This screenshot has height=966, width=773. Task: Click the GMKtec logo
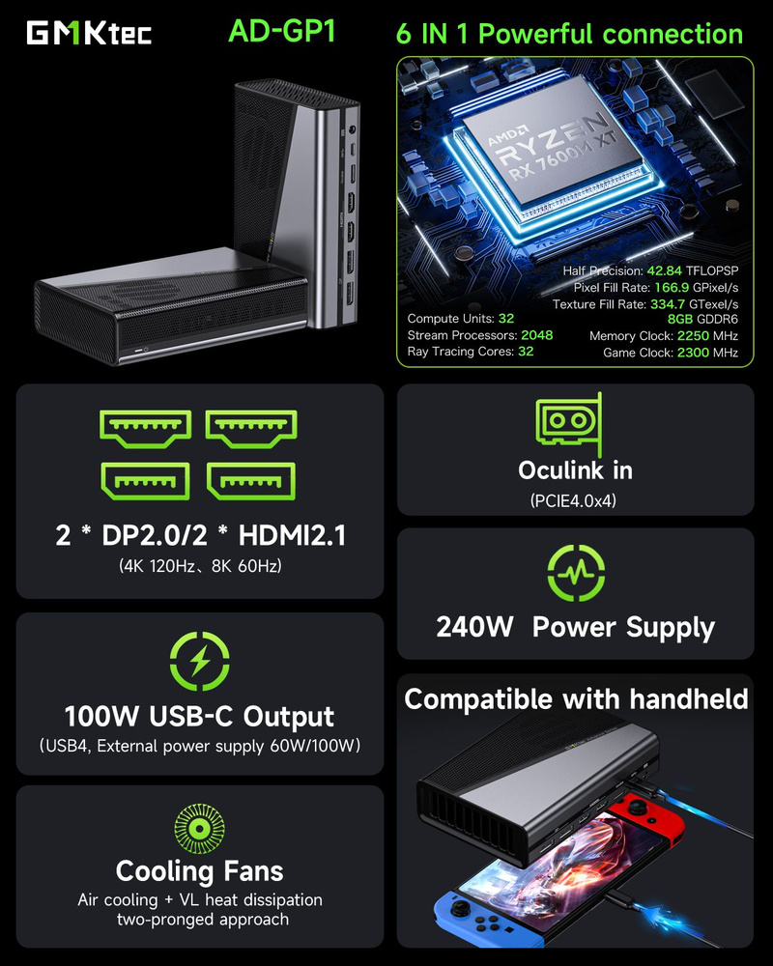coord(88,33)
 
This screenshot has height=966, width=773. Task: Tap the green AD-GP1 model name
coord(281,31)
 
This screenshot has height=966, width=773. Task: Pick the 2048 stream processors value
coord(536,335)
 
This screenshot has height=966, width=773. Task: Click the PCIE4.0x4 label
coord(574,501)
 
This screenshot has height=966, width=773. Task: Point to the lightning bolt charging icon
coord(199,662)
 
